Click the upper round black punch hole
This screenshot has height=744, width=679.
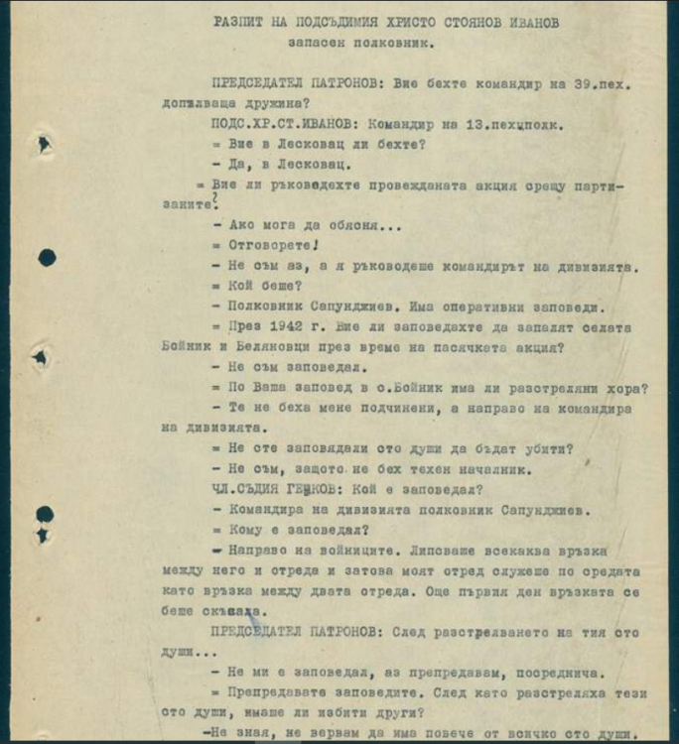(x=47, y=258)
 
